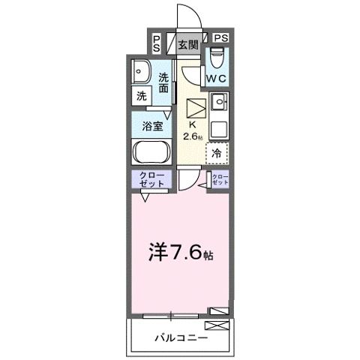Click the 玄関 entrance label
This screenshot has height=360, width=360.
pyautogui.click(x=188, y=43)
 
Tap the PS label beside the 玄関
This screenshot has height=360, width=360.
pyautogui.click(x=155, y=43)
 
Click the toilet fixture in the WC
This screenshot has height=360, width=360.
pyautogui.click(x=217, y=58)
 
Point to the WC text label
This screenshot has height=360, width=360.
pyautogui.click(x=217, y=77)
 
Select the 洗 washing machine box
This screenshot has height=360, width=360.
pyautogui.click(x=141, y=96)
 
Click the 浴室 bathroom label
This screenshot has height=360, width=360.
pyautogui.click(x=152, y=126)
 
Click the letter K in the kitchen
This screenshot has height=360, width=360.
pyautogui.click(x=192, y=124)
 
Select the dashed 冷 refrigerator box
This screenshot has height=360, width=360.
pyautogui.click(x=217, y=152)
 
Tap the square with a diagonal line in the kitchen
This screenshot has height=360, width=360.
pyautogui.click(x=195, y=106)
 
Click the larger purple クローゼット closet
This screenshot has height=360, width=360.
pyautogui.click(x=152, y=181)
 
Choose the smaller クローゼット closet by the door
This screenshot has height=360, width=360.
pyautogui.click(x=220, y=180)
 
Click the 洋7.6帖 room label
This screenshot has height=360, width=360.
pyautogui.click(x=180, y=254)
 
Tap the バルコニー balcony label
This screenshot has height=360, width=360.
pyautogui.click(x=178, y=337)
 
